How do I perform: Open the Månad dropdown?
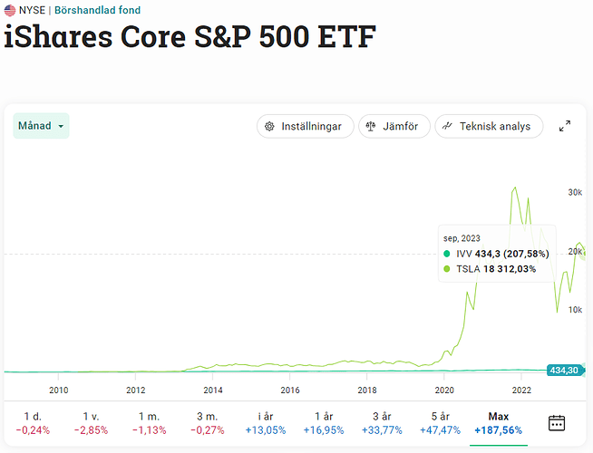coord(42,126)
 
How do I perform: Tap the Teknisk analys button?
coord(489,126)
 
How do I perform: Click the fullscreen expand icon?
coord(565,126)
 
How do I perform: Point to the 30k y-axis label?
coord(575,192)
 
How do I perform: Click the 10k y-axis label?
coord(575,310)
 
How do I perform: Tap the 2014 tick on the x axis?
coord(213,390)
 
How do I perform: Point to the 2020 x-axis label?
coord(444,390)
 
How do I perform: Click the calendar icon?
coord(557,422)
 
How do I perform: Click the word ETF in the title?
coord(339,37)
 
